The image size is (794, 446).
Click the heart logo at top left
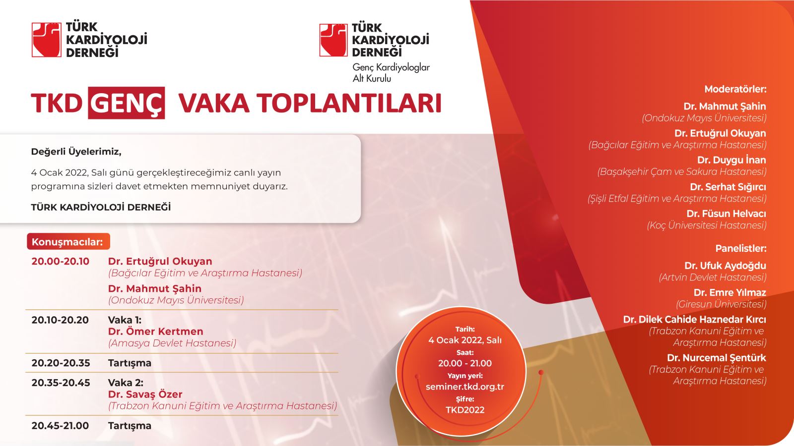coord(47,40)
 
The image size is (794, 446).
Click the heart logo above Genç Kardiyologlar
coord(333,40)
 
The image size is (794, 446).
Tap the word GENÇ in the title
coord(127,103)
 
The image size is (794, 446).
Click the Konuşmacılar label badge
coord(68,242)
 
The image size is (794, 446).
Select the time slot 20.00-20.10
coord(60,262)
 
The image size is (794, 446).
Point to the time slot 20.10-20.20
coord(60,320)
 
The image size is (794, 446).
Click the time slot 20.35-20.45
coord(61,383)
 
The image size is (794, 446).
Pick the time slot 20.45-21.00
coord(60,426)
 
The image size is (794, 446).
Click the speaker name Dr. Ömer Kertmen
coord(156,332)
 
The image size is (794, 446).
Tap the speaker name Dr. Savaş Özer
coord(145,394)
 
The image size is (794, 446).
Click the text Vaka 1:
coord(125,320)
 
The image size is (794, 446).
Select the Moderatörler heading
coord(735,89)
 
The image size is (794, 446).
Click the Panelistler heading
coord(741,248)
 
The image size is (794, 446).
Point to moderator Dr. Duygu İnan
coord(731,160)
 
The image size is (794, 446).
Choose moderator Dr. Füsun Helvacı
coord(727,214)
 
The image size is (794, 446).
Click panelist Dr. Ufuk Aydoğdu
coord(725,266)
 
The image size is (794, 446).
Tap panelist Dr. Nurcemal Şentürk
coord(717,358)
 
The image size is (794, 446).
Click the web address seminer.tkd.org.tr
coord(464,387)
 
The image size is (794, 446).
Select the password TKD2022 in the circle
coord(465,410)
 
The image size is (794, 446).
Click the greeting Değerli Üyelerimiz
coord(76,152)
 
